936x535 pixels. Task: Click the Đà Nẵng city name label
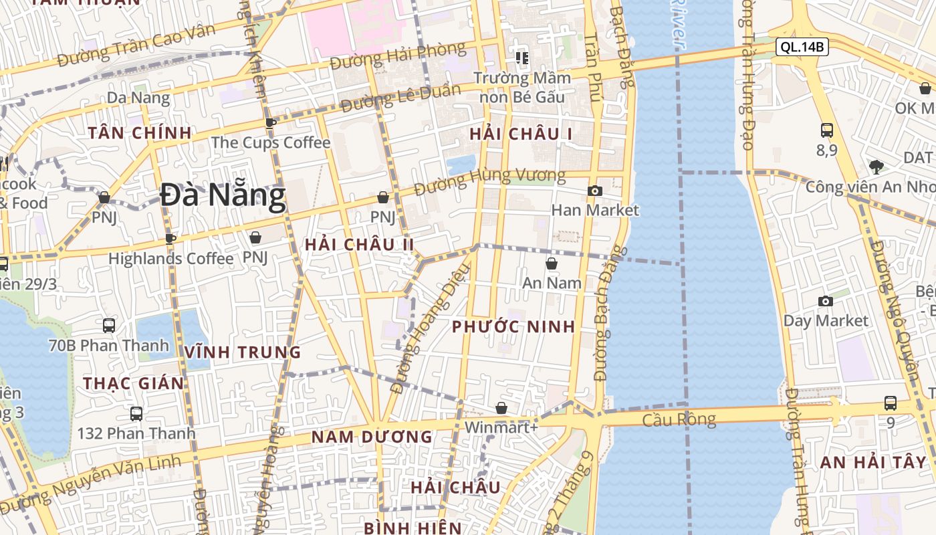pyautogui.click(x=223, y=196)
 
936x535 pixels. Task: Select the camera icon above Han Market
pyautogui.click(x=594, y=191)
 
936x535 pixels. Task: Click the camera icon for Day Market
pyautogui.click(x=826, y=301)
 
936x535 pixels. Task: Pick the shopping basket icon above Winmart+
pyautogui.click(x=501, y=408)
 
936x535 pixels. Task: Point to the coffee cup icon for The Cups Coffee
pyautogui.click(x=270, y=123)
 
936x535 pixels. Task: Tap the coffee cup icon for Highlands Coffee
pyautogui.click(x=170, y=239)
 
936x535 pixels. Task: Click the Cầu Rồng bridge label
pyautogui.click(x=679, y=420)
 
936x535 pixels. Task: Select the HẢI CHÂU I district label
pyautogui.click(x=521, y=134)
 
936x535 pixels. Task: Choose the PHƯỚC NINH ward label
pyautogui.click(x=513, y=326)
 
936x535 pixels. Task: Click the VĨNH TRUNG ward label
pyautogui.click(x=243, y=352)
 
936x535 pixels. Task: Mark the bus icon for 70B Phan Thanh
pyautogui.click(x=109, y=326)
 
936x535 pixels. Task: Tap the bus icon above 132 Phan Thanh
pyautogui.click(x=136, y=413)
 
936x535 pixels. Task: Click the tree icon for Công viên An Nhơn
pyautogui.click(x=876, y=167)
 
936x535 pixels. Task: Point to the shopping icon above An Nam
pyautogui.click(x=552, y=263)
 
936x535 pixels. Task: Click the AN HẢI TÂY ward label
pyautogui.click(x=873, y=462)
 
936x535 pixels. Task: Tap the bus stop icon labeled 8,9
pyautogui.click(x=826, y=130)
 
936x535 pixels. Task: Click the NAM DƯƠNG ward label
pyautogui.click(x=372, y=437)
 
